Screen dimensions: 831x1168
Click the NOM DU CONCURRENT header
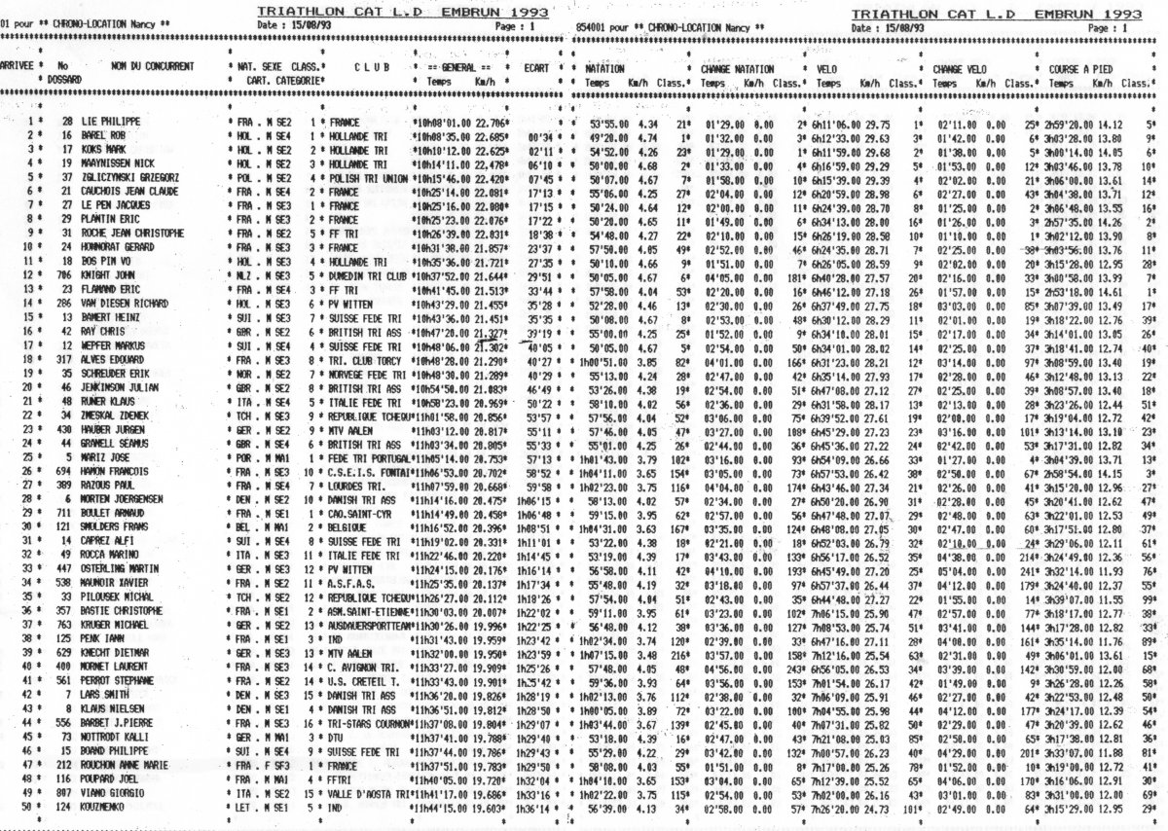[153, 66]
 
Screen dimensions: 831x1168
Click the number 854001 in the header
[591, 26]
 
